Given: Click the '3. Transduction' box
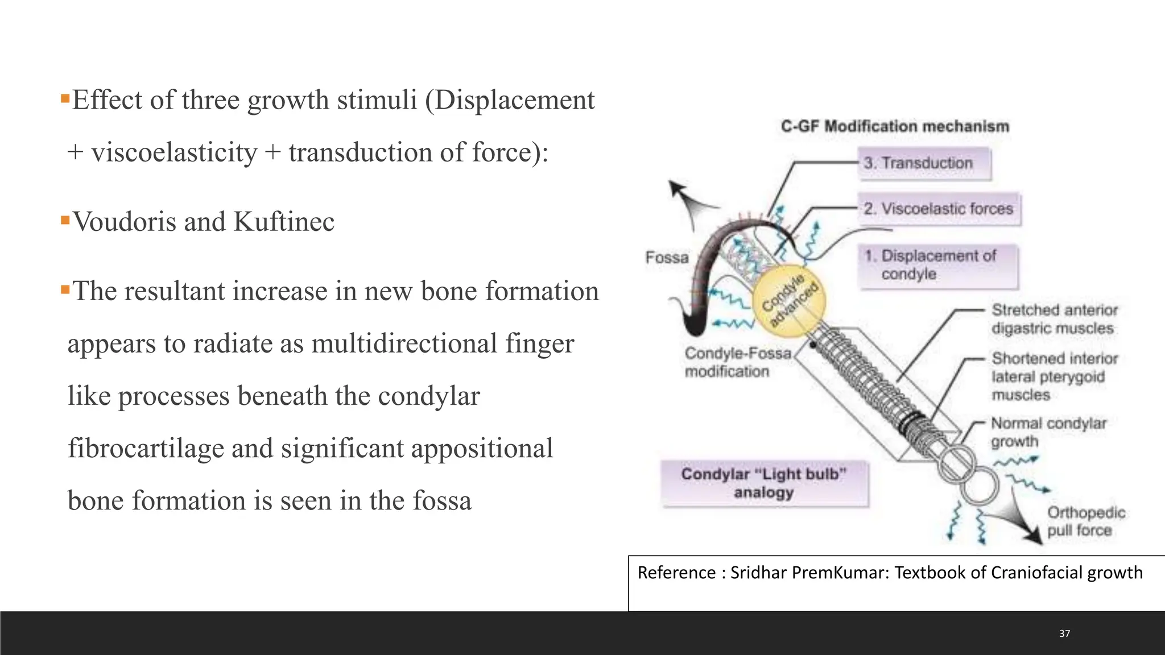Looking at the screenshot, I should click(924, 164).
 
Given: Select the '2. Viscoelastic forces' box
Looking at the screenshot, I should click(939, 209).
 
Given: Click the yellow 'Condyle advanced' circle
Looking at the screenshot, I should click(788, 301).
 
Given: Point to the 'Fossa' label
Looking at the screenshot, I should click(667, 258).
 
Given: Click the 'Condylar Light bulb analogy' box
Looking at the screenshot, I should click(764, 483).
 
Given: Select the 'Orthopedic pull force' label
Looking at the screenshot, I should click(1086, 521).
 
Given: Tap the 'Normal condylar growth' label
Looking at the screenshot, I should click(1048, 432).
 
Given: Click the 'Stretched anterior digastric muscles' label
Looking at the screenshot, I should click(1054, 319).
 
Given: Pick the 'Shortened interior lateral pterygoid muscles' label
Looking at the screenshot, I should click(1054, 376).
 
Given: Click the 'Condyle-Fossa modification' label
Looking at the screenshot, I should click(737, 362).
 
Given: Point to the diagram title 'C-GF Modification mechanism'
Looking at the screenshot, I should click(895, 126).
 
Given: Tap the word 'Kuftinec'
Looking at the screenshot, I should click(284, 222).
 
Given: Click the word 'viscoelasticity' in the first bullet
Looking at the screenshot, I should click(174, 153).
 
